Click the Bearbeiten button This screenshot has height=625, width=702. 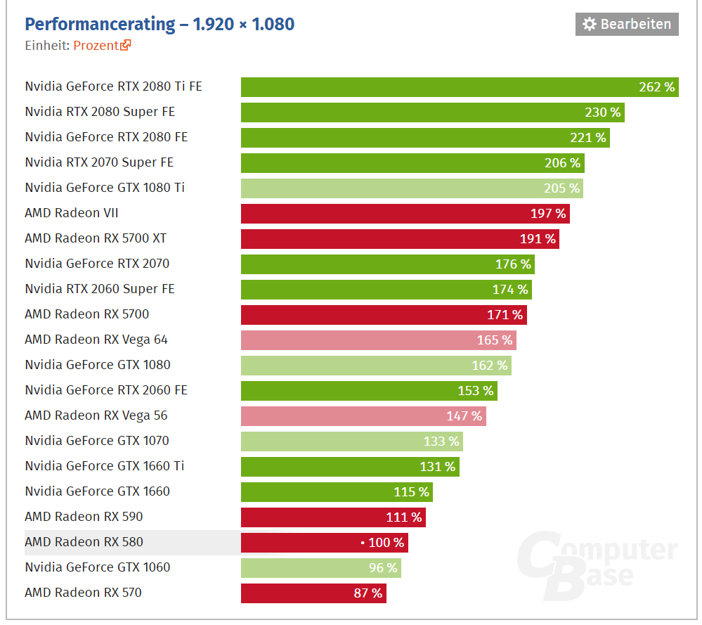click(627, 24)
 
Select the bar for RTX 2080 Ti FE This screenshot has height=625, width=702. click(436, 86)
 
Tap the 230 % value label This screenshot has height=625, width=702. click(603, 112)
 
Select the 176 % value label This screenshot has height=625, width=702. click(513, 264)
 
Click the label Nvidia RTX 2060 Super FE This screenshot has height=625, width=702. click(100, 289)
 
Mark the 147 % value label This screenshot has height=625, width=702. click(464, 415)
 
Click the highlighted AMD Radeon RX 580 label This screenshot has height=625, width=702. click(84, 542)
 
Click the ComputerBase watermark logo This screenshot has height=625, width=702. click(597, 562)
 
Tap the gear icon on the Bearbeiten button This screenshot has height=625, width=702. click(590, 24)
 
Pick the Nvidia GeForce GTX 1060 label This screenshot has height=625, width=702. click(98, 567)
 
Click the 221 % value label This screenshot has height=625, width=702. click(588, 137)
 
